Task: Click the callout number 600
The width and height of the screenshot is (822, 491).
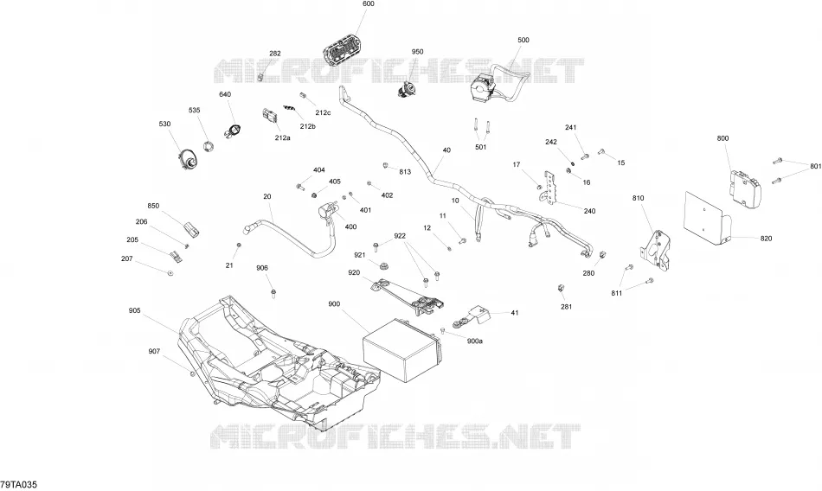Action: click(369, 4)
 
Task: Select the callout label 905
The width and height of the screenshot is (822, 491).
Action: click(134, 310)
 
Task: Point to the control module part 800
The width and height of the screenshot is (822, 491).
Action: click(745, 187)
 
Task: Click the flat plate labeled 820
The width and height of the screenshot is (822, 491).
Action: click(709, 219)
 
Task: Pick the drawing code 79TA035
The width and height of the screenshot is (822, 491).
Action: click(19, 485)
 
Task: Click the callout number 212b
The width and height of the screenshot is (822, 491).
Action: click(308, 126)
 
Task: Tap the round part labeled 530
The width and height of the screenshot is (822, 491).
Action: click(188, 159)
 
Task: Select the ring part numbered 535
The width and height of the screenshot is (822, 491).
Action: click(209, 147)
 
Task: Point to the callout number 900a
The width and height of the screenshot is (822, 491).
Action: click(474, 341)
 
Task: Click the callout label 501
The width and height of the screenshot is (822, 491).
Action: click(481, 147)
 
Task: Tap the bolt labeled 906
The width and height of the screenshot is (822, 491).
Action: click(273, 292)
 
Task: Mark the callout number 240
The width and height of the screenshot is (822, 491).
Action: click(589, 211)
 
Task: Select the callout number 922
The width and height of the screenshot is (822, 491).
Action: click(400, 236)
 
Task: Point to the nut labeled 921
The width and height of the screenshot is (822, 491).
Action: click(382, 265)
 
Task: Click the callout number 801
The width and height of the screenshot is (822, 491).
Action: click(815, 167)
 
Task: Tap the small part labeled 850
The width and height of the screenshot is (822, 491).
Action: click(192, 230)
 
